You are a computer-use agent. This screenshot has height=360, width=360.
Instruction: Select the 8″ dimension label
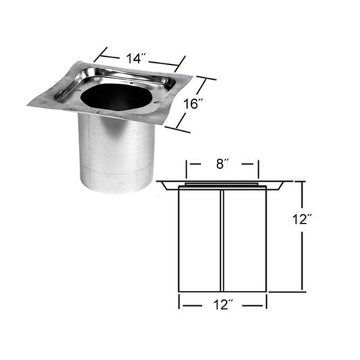[x=221, y=164]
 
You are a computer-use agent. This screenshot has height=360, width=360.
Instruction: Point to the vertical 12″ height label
[x=302, y=220]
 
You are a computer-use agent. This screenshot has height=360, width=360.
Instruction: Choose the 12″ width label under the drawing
[x=223, y=305]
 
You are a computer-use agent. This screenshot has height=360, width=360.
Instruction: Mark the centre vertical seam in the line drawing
[x=222, y=240]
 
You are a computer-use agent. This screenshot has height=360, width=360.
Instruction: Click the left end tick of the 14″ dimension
[x=101, y=55]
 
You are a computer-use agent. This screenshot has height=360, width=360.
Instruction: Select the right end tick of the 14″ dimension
[x=180, y=64]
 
